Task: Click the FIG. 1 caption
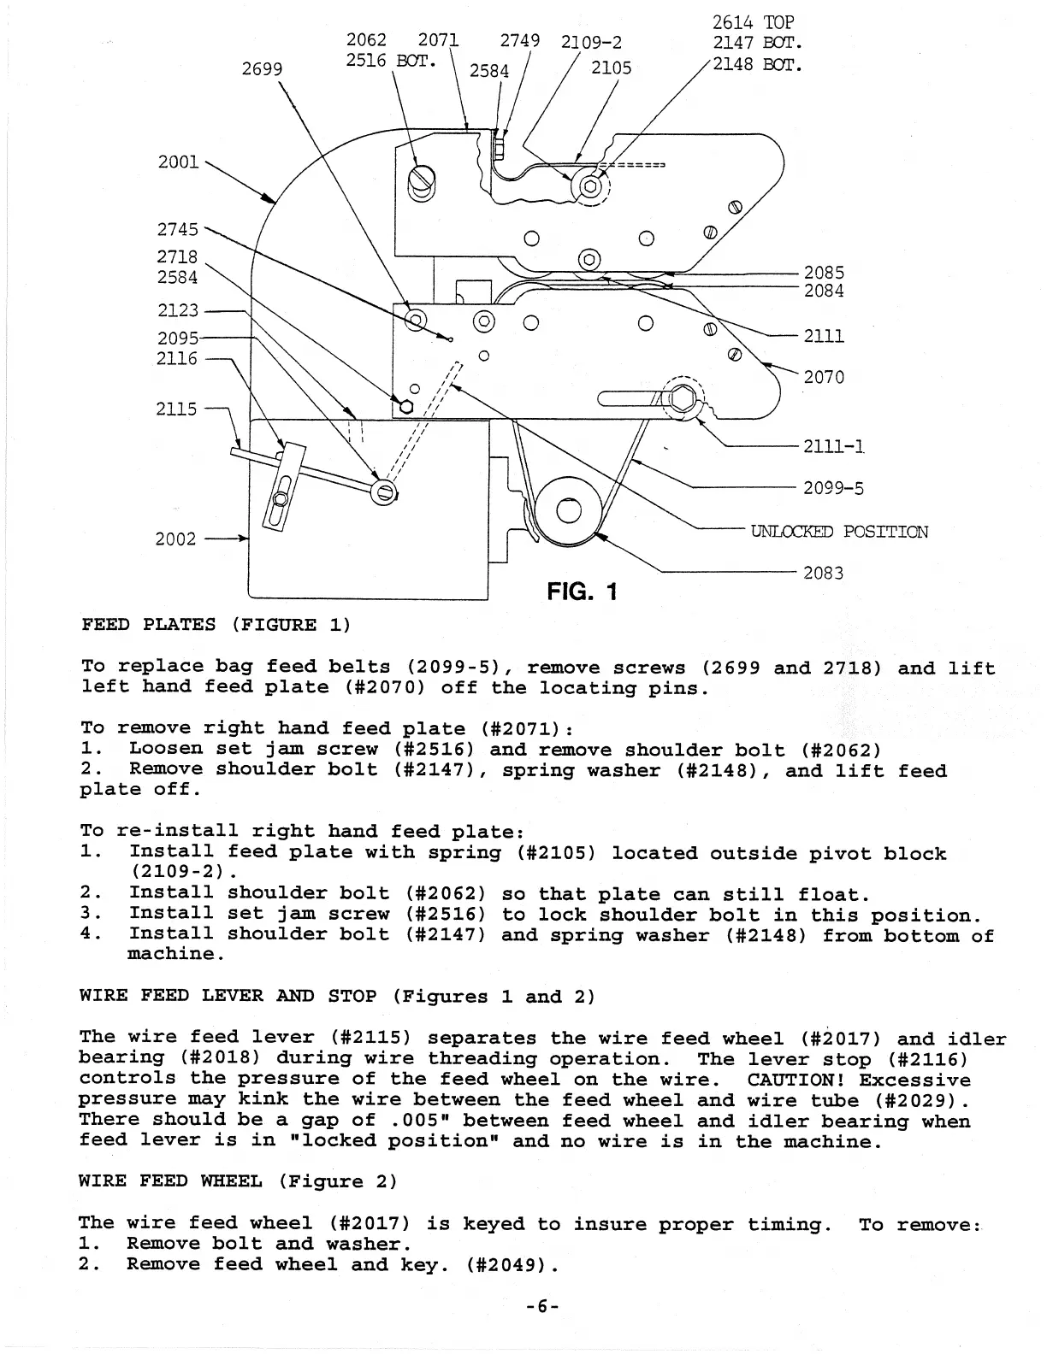tap(582, 592)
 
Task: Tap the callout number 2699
tap(262, 68)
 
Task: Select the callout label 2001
tap(178, 162)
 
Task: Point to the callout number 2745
tap(177, 229)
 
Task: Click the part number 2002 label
tap(175, 539)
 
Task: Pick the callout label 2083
tap(823, 573)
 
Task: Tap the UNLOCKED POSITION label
tap(839, 532)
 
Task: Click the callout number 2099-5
tap(833, 488)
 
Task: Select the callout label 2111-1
tap(834, 445)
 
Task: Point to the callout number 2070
tap(824, 377)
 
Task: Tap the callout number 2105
tap(611, 68)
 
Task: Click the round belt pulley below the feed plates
tap(568, 510)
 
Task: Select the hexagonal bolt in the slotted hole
tap(684, 398)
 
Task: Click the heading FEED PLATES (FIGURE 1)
tap(216, 624)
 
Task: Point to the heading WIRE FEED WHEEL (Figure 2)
tap(238, 1181)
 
